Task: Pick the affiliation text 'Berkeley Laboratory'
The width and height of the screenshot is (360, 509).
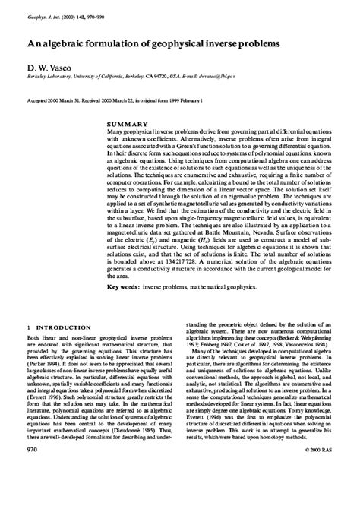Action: click(49, 77)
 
